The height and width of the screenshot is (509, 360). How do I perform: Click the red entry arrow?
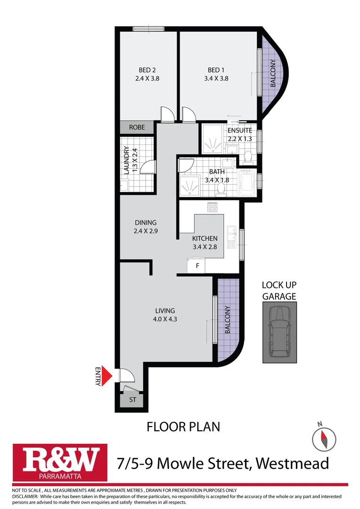tap(107, 376)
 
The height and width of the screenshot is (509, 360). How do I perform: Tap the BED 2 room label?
tap(147, 70)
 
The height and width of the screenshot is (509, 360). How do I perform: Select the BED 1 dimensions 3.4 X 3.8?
tap(218, 79)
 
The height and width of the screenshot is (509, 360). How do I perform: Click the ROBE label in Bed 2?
tap(137, 127)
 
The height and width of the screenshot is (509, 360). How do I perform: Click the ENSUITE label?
tap(239, 131)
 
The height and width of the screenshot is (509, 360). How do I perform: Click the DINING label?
tap(145, 222)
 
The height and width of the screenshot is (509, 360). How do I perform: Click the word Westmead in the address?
tap(293, 463)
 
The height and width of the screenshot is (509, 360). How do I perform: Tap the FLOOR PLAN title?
tap(183, 427)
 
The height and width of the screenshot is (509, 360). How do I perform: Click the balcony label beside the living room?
tap(228, 320)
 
